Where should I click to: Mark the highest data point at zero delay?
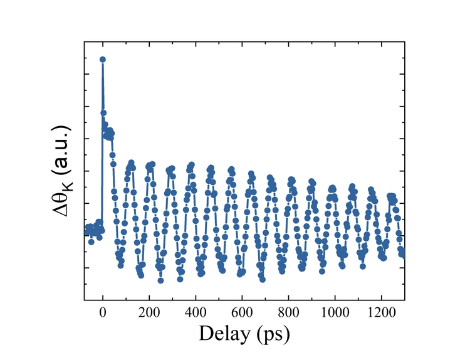[x=103, y=60]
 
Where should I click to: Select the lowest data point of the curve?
[x=160, y=280]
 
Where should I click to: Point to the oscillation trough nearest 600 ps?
[x=240, y=273]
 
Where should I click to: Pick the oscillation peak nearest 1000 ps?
[x=332, y=187]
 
